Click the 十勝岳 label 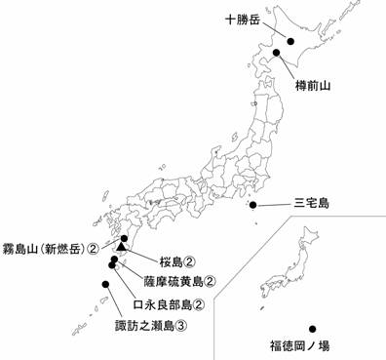tap(243, 19)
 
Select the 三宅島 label tap(312, 205)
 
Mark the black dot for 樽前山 tap(278, 53)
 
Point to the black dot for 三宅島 tap(254, 205)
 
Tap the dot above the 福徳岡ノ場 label tap(312, 329)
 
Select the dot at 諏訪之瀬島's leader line tap(104, 285)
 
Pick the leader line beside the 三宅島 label tap(273, 205)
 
